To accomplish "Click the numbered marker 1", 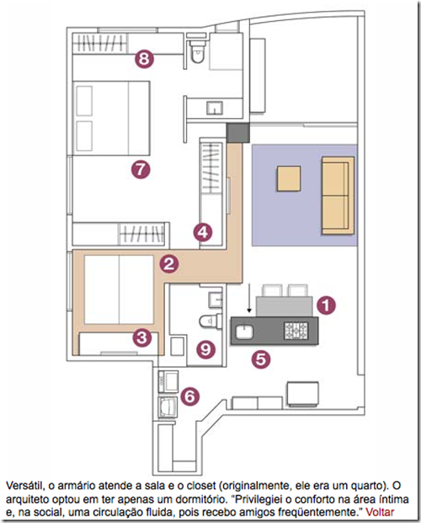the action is (x=326, y=305).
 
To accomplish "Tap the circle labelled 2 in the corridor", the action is (x=169, y=264).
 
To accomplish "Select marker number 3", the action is (x=142, y=337).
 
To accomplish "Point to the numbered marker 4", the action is (x=203, y=232).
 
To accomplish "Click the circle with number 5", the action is (x=261, y=359).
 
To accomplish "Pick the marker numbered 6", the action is (x=190, y=396).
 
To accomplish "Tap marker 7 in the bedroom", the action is (x=141, y=169).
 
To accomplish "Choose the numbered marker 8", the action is (x=144, y=59).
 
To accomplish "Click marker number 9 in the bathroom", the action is (x=205, y=349).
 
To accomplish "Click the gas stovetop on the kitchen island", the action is (x=296, y=330).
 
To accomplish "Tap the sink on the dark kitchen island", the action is (x=244, y=332).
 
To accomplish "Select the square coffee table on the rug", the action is (x=289, y=179).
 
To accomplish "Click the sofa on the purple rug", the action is (x=338, y=196).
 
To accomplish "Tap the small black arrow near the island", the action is (x=249, y=299).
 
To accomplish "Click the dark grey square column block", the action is (x=237, y=132).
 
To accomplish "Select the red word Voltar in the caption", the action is (x=380, y=512).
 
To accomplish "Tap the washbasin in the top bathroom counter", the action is (x=215, y=108).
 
